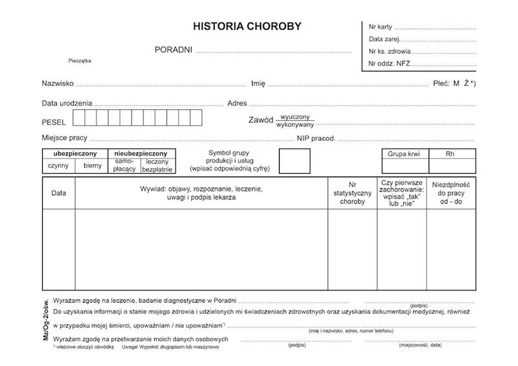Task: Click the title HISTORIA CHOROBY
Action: pos(247,27)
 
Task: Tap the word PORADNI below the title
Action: pos(173,50)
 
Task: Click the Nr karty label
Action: pos(380,27)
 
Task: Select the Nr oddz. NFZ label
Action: pos(388,63)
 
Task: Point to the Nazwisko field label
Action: pos(58,83)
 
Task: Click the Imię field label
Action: pos(258,83)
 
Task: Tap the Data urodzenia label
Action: pos(67,103)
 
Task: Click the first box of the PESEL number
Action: pos(78,118)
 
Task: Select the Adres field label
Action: pos(237,103)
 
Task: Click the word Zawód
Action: pos(260,121)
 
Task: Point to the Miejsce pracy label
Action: pos(64,138)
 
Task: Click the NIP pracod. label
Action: pos(316,138)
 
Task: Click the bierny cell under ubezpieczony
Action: pos(93,166)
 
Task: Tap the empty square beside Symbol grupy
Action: pos(294,160)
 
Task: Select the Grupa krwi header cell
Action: pos(404,155)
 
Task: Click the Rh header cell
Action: pos(451,155)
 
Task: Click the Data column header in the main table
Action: pos(58,193)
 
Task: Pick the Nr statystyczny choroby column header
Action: pos(352,193)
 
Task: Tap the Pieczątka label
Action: pos(80,61)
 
